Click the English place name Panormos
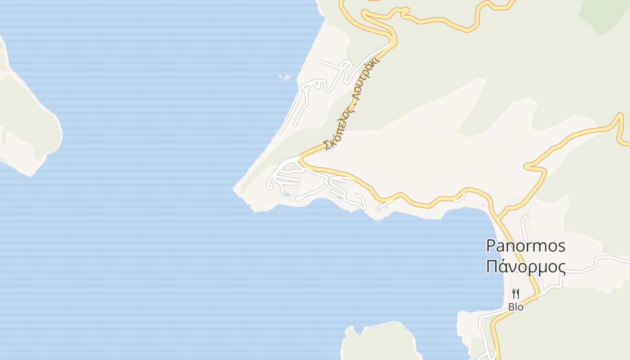point(526,246)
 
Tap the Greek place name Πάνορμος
point(526,266)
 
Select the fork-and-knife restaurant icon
point(516,294)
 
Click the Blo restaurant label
point(516,307)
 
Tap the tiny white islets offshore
point(286,77)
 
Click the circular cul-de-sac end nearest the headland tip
point(270,185)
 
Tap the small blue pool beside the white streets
point(287,194)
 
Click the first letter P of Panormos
point(491,246)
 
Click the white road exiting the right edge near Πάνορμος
point(625,259)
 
